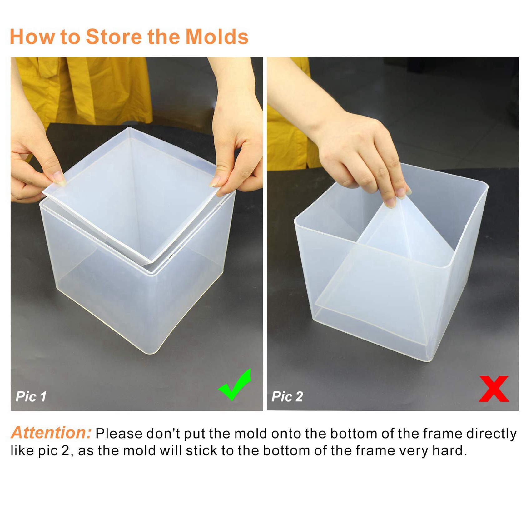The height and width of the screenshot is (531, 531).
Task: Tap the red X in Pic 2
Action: [x=494, y=389]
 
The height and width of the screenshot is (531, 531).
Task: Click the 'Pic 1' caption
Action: [x=31, y=396]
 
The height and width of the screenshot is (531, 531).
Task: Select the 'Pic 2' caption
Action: [x=287, y=396]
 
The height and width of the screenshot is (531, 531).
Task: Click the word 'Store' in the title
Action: [x=114, y=37]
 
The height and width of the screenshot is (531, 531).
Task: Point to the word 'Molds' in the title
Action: [x=217, y=37]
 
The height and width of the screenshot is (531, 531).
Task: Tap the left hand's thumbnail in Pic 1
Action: [x=59, y=178]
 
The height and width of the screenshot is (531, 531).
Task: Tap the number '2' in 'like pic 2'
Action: [x=65, y=451]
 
